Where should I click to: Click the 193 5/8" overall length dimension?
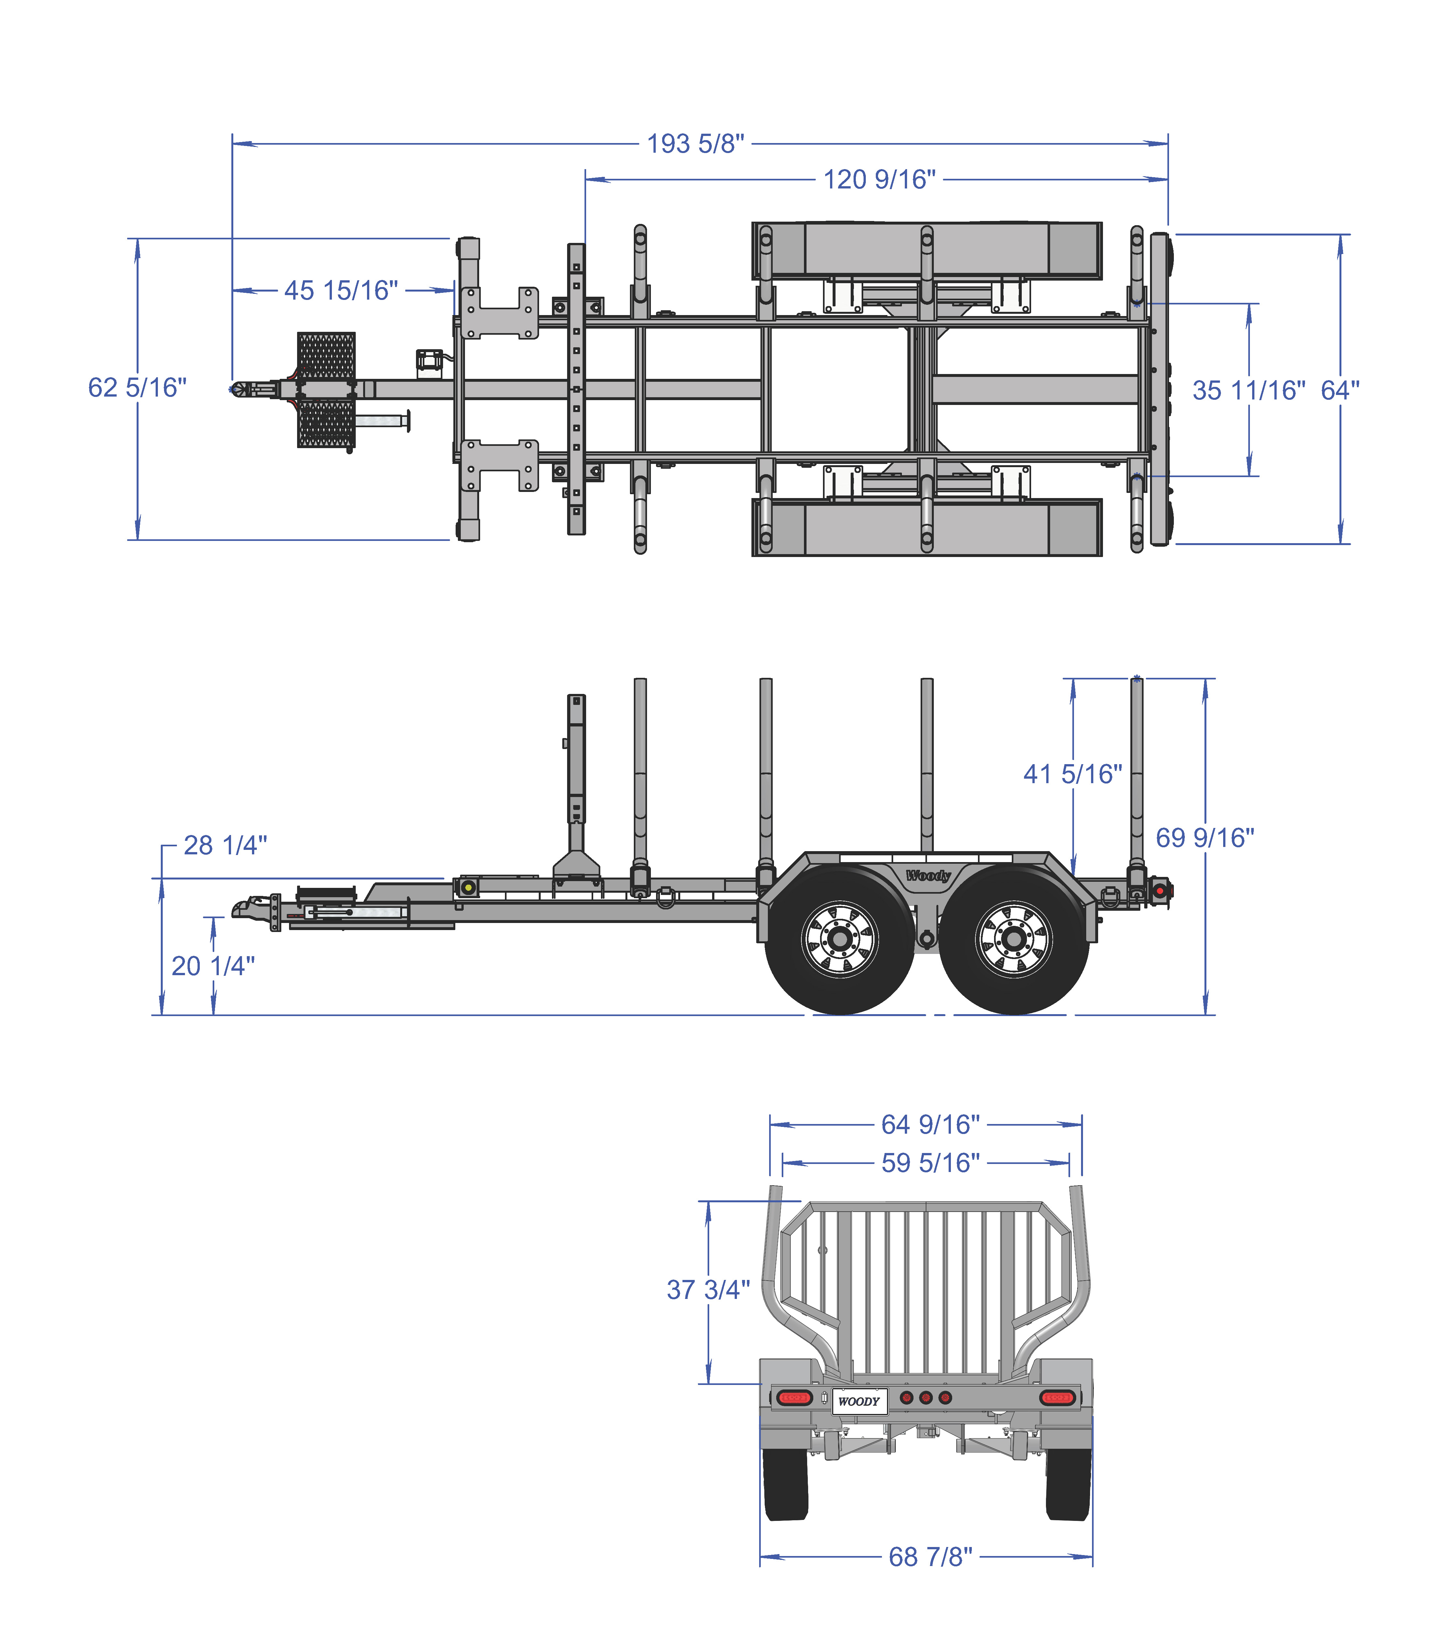pos(696,144)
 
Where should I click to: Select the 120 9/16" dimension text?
pos(880,179)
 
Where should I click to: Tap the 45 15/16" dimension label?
pos(342,290)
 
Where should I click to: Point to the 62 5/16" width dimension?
pos(138,388)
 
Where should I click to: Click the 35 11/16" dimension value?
pos(1249,391)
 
